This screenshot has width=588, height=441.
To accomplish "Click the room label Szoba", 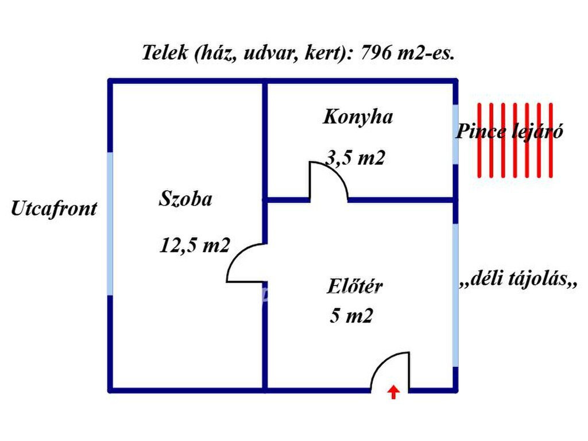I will click(185, 199).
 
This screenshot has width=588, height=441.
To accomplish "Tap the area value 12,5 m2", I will click(195, 245).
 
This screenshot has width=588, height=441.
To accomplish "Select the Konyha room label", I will click(358, 117).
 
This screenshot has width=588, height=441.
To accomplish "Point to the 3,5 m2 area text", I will click(354, 157).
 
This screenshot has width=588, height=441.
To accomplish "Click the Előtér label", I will click(355, 285).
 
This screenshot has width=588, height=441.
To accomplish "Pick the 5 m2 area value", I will click(351, 315).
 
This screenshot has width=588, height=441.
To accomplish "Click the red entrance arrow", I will click(393, 392).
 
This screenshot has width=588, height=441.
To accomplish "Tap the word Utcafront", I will click(54, 208).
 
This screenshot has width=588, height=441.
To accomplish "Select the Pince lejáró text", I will click(509, 131).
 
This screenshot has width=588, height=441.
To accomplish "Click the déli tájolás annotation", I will click(517, 281).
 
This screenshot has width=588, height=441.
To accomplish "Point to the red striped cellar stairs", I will click(515, 140).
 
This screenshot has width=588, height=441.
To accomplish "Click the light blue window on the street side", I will click(110, 223).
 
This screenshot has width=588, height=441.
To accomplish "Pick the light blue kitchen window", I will click(456, 134).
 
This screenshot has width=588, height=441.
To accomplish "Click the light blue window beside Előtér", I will click(456, 295).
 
